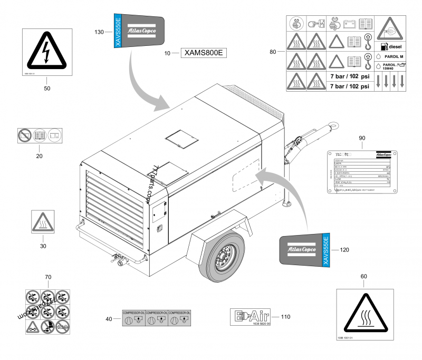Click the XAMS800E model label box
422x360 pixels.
pyautogui.click(x=203, y=53)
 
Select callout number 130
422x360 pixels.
pyautogui.click(x=99, y=32)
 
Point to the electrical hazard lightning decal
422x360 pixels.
pyautogui.click(x=47, y=53)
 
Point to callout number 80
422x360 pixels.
pyautogui.click(x=273, y=52)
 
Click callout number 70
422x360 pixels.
pyautogui.click(x=47, y=277)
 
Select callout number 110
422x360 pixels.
pyautogui.click(x=286, y=317)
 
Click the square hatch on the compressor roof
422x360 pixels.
pyautogui.click(x=180, y=140)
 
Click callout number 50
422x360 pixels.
pyautogui.click(x=47, y=89)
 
